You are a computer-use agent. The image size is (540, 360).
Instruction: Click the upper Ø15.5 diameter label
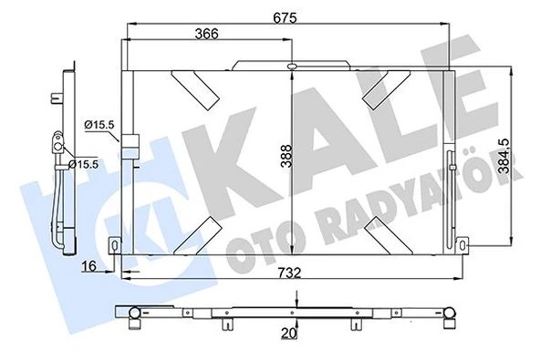tap(97, 125)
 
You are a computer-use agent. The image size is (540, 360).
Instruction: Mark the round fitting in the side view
tap(57, 142)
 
